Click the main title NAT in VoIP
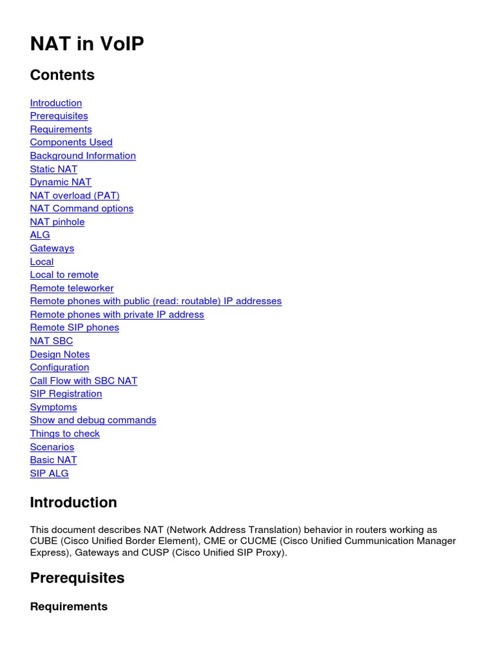coord(87,44)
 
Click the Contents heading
coord(62,75)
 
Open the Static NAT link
coord(53,169)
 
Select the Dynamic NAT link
coord(61,182)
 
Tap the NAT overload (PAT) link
coord(75,195)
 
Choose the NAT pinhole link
coord(57,222)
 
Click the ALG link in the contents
coord(40,235)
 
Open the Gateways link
coord(52,248)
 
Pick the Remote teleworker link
coord(72,288)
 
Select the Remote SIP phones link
coord(74,327)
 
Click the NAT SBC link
coord(52,341)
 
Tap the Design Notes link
coord(60,354)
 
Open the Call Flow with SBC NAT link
coord(83,381)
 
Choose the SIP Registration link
coord(66,394)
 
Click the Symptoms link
coord(53,407)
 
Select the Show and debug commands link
coord(93,420)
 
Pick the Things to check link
coord(64,434)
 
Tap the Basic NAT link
coord(53,460)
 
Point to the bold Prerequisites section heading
coord(77,578)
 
